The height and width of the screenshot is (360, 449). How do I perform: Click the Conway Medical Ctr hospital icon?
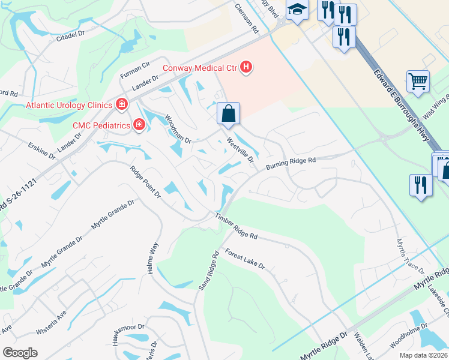click(246, 68)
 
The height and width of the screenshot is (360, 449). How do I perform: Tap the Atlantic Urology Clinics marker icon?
click(122, 105)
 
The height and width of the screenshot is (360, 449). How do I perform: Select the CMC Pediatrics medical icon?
click(139, 125)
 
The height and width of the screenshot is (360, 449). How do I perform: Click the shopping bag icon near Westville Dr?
click(228, 113)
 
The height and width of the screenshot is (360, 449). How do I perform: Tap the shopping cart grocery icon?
click(418, 80)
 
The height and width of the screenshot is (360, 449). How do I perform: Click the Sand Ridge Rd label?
click(208, 271)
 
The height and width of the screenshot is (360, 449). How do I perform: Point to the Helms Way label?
click(152, 259)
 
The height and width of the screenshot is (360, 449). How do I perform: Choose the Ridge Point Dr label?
click(146, 182)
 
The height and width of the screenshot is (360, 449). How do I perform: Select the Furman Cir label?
click(134, 70)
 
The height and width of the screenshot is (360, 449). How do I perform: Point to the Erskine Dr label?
click(41, 150)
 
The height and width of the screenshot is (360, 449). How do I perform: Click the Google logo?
click(20, 352)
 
